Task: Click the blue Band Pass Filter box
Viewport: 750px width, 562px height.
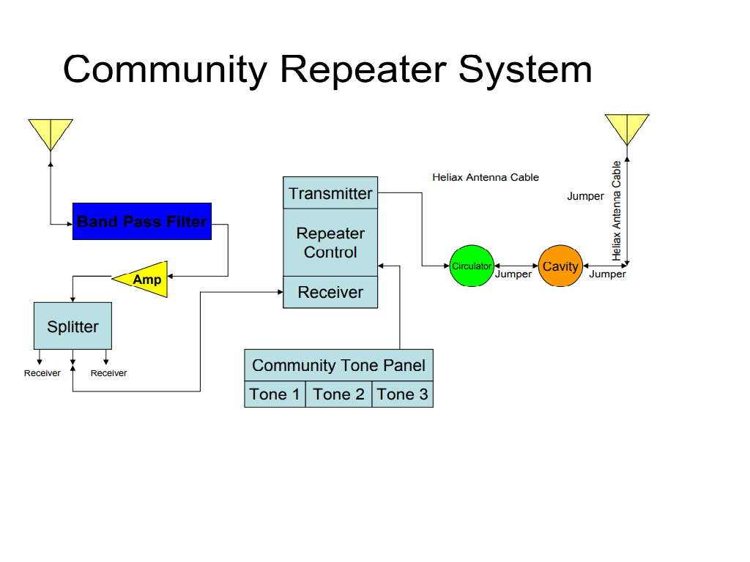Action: [x=142, y=221]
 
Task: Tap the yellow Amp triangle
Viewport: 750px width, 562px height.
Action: [x=146, y=280]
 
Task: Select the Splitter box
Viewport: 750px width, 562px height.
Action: [x=73, y=326]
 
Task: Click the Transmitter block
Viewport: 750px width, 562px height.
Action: [x=330, y=193]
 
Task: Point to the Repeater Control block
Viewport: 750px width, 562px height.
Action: [x=330, y=242]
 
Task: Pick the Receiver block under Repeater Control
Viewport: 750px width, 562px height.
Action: [x=330, y=292]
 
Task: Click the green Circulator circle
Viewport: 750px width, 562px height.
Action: [x=472, y=266]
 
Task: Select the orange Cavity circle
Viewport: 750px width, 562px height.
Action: [x=560, y=266]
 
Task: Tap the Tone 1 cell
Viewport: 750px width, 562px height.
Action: [x=275, y=394]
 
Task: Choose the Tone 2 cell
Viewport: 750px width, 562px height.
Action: [x=338, y=394]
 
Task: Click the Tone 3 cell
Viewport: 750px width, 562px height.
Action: [x=402, y=394]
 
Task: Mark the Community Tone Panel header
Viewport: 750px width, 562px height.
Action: [x=338, y=365]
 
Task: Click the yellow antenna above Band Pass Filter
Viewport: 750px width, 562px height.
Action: [x=51, y=132]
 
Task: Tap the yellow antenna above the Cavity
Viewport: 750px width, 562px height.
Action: [x=627, y=127]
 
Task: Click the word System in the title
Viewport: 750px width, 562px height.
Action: [x=525, y=70]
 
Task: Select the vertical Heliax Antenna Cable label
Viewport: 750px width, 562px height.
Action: [x=617, y=211]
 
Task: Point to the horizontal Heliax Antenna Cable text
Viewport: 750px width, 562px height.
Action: [x=486, y=177]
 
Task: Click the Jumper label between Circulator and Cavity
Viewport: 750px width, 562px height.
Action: [x=513, y=274]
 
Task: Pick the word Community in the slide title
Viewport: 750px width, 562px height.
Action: [x=165, y=70]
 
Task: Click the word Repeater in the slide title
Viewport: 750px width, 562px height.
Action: [x=363, y=70]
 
